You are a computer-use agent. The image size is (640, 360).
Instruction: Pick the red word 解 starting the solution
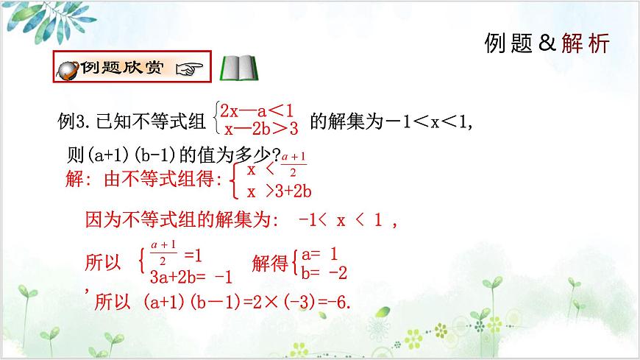[74, 180]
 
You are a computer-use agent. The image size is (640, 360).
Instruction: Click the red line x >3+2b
[279, 191]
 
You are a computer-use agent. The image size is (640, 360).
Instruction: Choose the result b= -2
[324, 273]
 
